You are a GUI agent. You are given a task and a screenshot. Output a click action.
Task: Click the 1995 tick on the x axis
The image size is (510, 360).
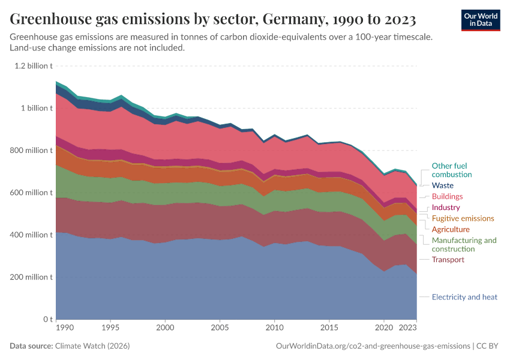pyautogui.click(x=110, y=329)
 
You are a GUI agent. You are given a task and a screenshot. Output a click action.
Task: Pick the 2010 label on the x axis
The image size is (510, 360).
pyautogui.click(x=274, y=329)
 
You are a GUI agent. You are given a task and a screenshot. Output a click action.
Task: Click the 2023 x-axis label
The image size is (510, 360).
pyautogui.click(x=408, y=329)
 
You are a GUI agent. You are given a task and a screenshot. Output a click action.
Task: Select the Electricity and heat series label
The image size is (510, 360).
pyautogui.click(x=464, y=297)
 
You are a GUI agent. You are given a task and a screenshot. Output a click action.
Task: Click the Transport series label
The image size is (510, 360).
pyautogui.click(x=448, y=260)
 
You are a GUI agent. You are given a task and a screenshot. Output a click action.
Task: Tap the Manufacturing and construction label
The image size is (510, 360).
pyautogui.click(x=464, y=244)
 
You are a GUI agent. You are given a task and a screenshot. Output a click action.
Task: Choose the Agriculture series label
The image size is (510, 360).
pyautogui.click(x=451, y=229)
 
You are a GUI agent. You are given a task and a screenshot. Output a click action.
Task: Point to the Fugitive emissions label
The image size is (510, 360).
pyautogui.click(x=463, y=218)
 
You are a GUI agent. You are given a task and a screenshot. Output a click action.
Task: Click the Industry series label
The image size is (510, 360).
pyautogui.click(x=446, y=208)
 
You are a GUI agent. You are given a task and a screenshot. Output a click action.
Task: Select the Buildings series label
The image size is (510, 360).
pyautogui.click(x=447, y=197)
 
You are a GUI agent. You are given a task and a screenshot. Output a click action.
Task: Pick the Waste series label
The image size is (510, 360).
pyautogui.click(x=442, y=185)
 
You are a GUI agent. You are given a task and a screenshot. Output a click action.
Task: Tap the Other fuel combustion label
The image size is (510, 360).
pyautogui.click(x=449, y=170)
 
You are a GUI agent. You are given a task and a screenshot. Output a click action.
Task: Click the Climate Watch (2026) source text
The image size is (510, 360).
pyautogui.click(x=92, y=346)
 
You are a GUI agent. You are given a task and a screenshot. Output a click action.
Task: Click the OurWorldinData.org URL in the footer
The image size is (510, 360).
pyautogui.click(x=373, y=346)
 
